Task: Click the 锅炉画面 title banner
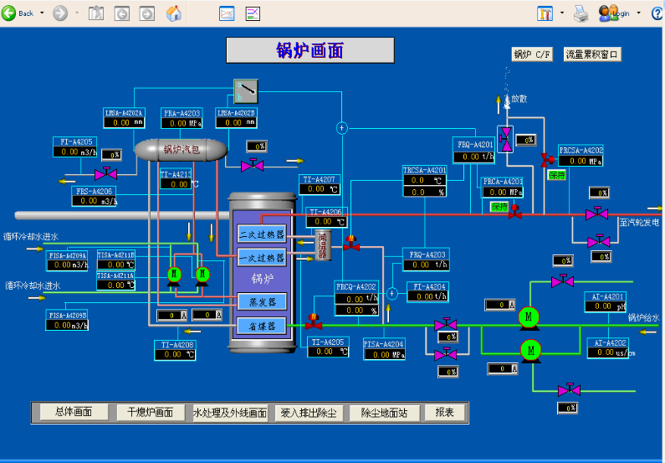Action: tap(310, 50)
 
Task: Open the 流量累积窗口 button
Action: tap(592, 54)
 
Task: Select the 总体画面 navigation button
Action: tap(74, 412)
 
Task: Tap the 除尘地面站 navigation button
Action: tap(384, 412)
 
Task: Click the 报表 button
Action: tap(444, 412)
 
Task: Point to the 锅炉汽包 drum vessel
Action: tap(182, 150)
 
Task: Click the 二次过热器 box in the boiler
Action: tap(261, 234)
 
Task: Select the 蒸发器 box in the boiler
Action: tap(261, 301)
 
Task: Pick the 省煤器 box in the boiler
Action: tap(261, 326)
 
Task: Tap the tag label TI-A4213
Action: tap(176, 174)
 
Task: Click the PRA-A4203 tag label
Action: tap(182, 112)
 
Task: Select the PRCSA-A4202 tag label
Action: tap(581, 151)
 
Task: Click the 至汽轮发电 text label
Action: tap(640, 222)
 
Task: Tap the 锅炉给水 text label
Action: tap(643, 318)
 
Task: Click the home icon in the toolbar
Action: tap(174, 13)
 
